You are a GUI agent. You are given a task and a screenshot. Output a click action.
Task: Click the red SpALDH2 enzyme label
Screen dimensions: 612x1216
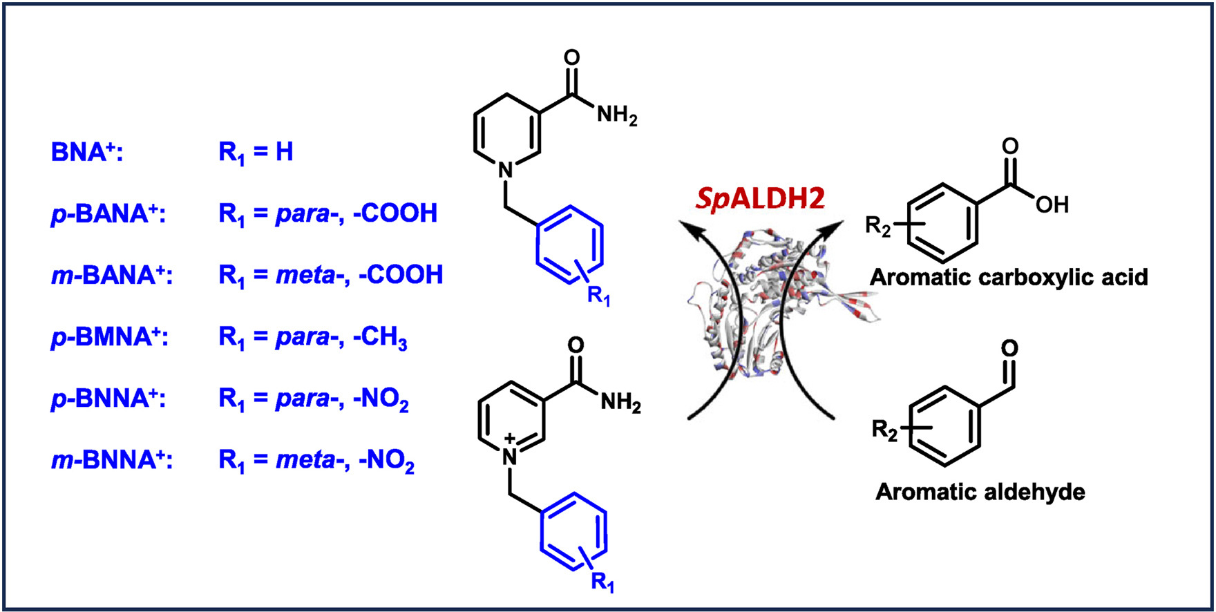[760, 199]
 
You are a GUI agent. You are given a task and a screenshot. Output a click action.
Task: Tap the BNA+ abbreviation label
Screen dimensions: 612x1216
[87, 152]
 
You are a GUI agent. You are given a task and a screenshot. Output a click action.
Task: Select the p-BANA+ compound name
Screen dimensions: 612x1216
[108, 213]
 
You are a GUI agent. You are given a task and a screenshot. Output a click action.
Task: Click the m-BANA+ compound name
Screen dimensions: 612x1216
[112, 275]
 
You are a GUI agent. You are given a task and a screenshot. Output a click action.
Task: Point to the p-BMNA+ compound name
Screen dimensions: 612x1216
[110, 337]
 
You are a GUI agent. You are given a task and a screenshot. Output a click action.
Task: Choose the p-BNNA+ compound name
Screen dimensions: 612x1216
[108, 399]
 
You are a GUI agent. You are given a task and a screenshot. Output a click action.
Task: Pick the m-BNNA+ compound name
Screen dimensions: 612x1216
[112, 460]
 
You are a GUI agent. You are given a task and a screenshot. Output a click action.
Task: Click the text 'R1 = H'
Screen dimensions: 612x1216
[256, 152]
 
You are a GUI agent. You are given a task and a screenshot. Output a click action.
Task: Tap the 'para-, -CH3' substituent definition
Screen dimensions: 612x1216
[341, 337]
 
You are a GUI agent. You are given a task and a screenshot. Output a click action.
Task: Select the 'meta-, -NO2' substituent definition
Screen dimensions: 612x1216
[345, 460]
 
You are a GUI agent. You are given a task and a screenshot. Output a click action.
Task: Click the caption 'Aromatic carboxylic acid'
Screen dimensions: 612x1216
[1008, 278]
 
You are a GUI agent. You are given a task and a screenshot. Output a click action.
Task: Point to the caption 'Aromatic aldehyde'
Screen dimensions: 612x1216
[980, 492]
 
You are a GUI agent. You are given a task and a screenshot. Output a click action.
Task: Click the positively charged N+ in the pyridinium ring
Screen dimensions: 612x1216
[509, 453]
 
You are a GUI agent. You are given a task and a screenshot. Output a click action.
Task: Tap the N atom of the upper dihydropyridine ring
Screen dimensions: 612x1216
[506, 169]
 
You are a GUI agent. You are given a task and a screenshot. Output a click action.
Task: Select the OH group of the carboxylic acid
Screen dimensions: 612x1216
[1052, 204]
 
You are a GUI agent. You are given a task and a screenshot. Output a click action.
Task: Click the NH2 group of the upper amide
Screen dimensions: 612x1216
[616, 115]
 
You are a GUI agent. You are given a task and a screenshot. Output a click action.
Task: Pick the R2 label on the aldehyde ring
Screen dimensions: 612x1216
[884, 430]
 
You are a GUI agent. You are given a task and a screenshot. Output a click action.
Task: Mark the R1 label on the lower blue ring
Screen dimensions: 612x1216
[602, 582]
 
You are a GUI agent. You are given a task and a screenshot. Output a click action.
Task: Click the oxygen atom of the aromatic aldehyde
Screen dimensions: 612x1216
[1009, 348]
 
